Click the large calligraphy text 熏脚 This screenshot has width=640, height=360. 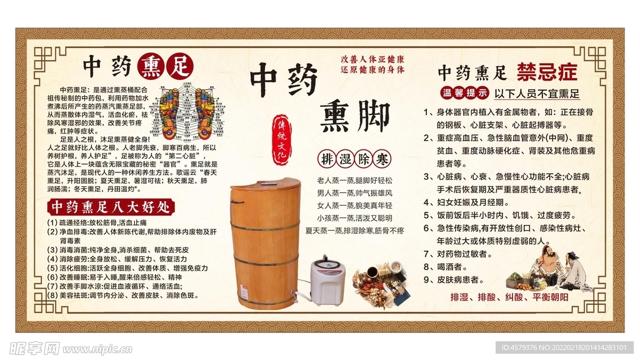(354, 116)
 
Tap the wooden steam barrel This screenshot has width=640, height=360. (264, 244)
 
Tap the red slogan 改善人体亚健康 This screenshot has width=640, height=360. (372, 57)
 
